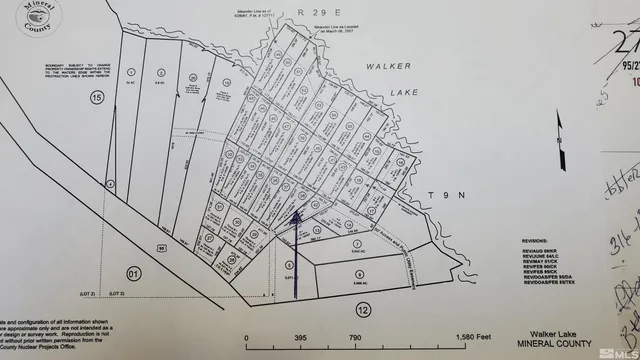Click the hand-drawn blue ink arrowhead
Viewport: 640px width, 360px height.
pos(296,212)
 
